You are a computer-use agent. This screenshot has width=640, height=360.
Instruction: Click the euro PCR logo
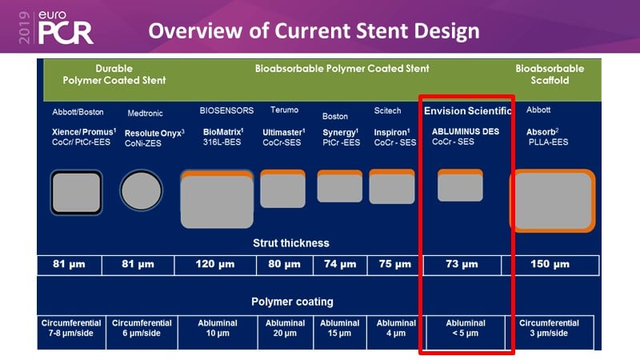(66, 27)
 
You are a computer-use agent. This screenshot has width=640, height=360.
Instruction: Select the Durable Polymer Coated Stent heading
(114, 74)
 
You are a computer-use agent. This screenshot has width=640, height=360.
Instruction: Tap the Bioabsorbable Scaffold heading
(550, 74)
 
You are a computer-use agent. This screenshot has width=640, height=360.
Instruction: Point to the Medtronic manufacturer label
(145, 114)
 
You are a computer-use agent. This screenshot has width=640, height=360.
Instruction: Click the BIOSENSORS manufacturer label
(226, 110)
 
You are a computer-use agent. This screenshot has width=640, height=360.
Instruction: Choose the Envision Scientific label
(467, 111)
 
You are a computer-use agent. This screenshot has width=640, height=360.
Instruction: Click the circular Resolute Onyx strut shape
(142, 190)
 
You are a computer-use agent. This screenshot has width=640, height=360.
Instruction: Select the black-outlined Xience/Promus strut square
(76, 192)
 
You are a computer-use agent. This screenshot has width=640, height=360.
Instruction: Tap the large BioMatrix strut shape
(217, 199)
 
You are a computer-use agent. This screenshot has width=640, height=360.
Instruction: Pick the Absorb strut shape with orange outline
(553, 201)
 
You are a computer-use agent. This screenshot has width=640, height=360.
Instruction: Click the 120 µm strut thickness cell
(215, 265)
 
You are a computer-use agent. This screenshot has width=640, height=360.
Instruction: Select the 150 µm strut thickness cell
(550, 265)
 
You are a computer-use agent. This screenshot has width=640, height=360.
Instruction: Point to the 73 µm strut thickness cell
(462, 265)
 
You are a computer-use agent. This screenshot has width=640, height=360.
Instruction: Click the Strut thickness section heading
(291, 243)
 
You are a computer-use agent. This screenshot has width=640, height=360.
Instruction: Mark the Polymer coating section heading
(292, 302)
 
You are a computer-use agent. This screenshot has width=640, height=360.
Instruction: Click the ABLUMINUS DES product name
(466, 131)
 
